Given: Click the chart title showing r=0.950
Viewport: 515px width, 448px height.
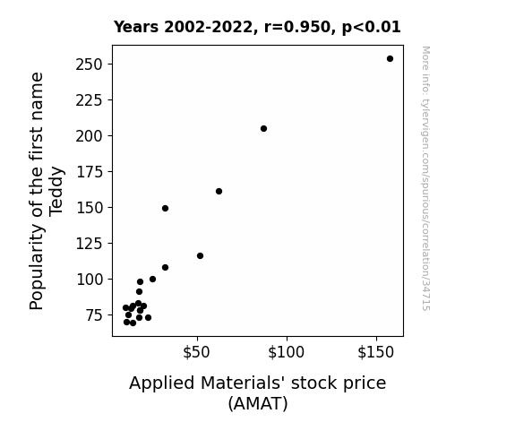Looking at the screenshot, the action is click(x=257, y=27).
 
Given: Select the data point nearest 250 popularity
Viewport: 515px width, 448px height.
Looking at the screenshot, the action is click(x=390, y=59).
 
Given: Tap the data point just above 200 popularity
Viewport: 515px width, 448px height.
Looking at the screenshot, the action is click(x=263, y=128).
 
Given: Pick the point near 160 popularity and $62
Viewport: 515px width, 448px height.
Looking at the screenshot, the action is click(x=219, y=191).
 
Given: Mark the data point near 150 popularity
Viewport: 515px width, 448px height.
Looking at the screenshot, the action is click(x=165, y=209).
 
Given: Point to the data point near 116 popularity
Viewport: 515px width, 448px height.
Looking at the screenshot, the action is click(x=200, y=255).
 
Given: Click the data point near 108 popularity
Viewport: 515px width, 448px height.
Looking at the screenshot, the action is click(x=165, y=268).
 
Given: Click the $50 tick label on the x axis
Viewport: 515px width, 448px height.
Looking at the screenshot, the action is click(x=196, y=352).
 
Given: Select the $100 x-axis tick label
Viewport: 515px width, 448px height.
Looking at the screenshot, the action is click(x=286, y=352).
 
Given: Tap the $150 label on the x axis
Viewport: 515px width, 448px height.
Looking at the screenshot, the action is click(x=376, y=352).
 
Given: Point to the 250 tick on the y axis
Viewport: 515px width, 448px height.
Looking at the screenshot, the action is click(x=90, y=65).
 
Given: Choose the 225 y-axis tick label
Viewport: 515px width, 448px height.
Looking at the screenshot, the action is click(x=90, y=100).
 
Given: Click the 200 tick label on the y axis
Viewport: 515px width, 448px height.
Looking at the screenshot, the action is click(x=90, y=136).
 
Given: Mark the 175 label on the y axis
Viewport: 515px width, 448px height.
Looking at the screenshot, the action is click(x=90, y=172).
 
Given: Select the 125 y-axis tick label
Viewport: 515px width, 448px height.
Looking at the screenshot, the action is click(x=90, y=244).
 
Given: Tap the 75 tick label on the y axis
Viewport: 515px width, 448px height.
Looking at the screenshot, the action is click(x=94, y=315).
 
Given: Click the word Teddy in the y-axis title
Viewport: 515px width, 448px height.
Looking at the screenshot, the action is click(x=56, y=192).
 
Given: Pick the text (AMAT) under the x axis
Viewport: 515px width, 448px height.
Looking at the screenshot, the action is click(x=258, y=403).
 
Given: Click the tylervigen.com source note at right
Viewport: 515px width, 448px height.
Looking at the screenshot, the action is click(x=425, y=178).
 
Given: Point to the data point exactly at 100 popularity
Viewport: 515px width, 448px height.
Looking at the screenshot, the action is click(x=152, y=279).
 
